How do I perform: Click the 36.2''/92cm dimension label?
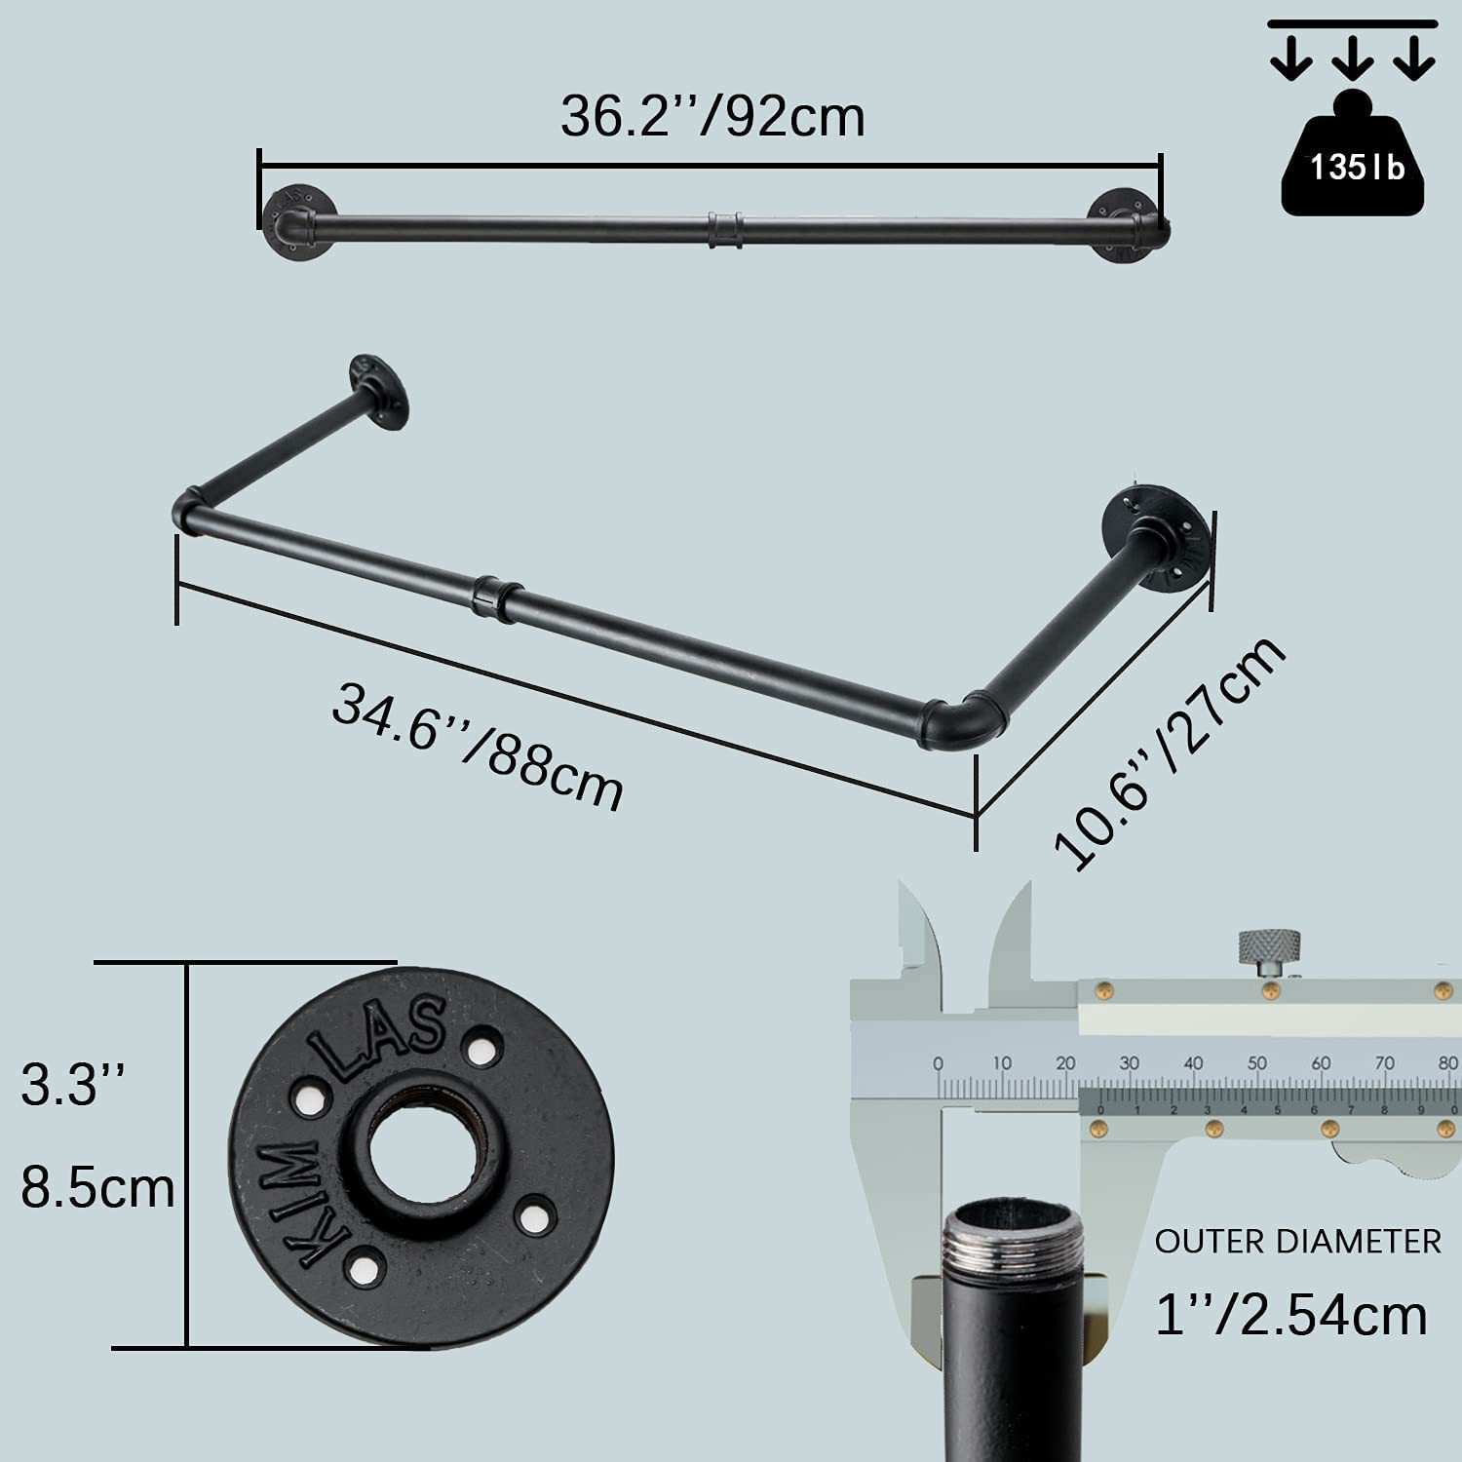click(x=712, y=117)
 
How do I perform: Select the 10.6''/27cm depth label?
click(x=1171, y=752)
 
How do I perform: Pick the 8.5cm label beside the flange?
click(x=97, y=1189)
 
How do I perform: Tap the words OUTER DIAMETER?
click(x=1297, y=1242)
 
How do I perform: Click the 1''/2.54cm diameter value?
click(x=1290, y=1315)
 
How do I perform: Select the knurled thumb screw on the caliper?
click(x=1269, y=948)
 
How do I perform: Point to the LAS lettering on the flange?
click(x=380, y=1035)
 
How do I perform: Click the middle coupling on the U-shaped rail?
click(x=495, y=597)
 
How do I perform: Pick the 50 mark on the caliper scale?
click(x=1257, y=1063)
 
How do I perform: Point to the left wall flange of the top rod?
click(x=296, y=219)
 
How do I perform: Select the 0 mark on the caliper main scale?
click(x=938, y=1063)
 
